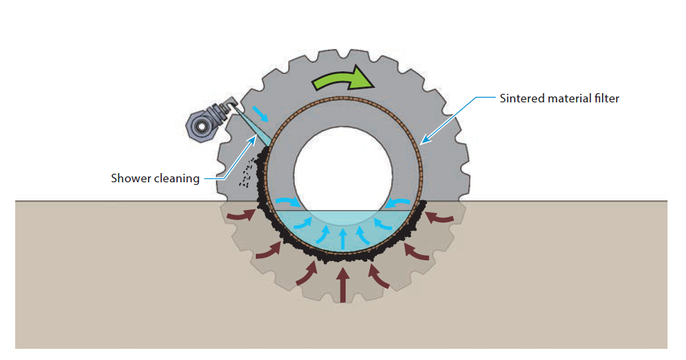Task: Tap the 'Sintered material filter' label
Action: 558,98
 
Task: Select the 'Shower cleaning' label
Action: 155,178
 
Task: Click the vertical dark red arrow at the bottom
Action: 342,284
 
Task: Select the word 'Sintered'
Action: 519,98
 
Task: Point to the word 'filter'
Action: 607,98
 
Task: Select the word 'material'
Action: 564,98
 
